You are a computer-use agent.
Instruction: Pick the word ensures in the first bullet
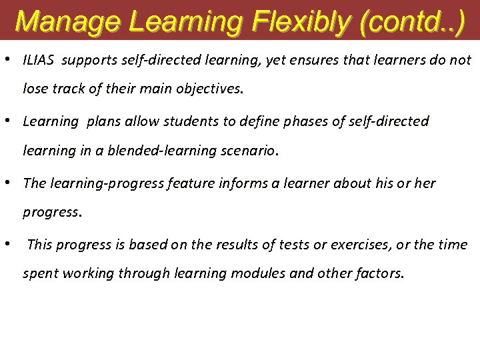coord(279,61)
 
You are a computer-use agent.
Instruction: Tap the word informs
coord(235,183)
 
